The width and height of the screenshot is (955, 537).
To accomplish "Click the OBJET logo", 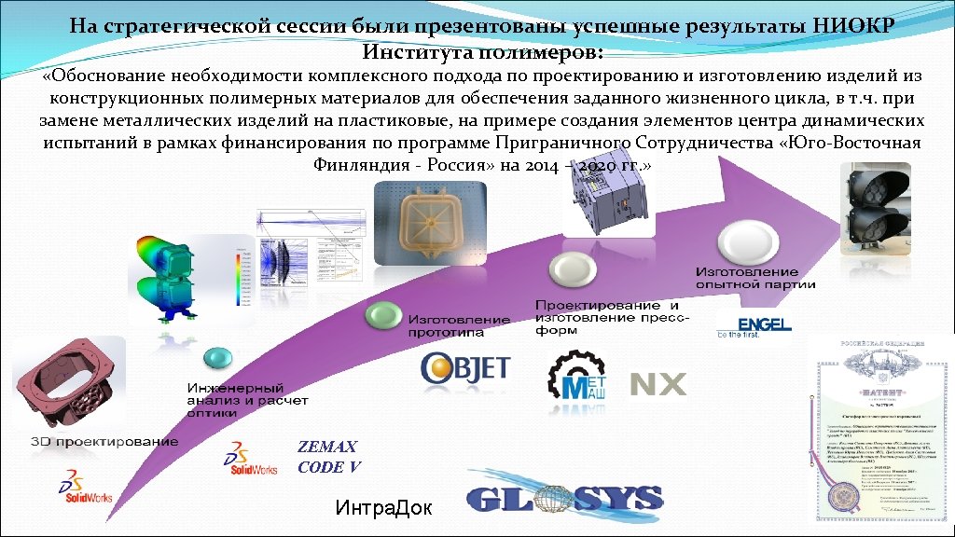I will [464, 367].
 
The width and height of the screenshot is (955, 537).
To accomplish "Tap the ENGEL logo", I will [754, 326].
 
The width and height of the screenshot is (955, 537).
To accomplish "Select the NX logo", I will [658, 384].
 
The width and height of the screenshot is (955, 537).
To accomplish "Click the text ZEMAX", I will [326, 447].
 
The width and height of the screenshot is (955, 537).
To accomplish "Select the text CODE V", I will [328, 466].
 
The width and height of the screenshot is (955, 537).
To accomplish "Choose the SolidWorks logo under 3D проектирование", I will [85, 488].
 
